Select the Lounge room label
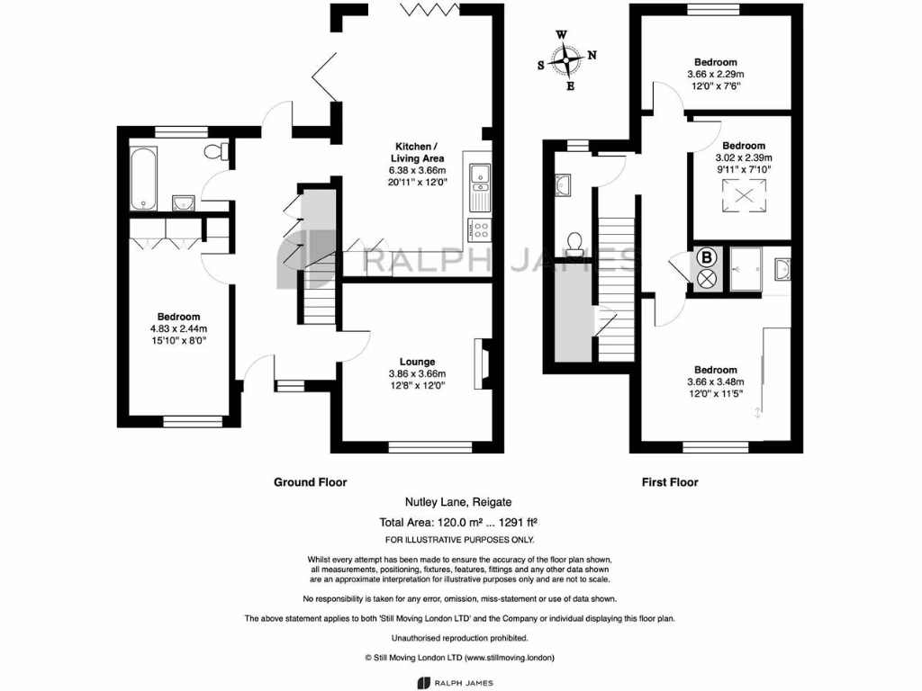click(417, 362)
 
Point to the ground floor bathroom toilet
click(213, 152)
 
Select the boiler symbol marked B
click(706, 257)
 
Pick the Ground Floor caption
click(310, 482)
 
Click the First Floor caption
click(670, 482)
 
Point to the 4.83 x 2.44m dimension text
click(178, 328)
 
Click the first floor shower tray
click(746, 267)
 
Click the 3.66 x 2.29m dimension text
click(717, 75)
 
